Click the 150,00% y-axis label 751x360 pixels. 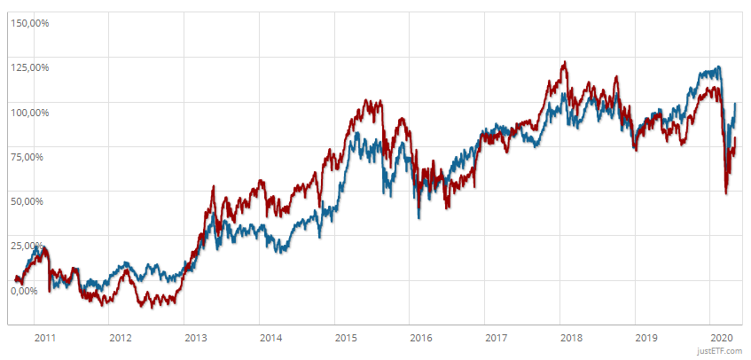[28, 23]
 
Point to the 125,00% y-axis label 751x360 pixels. [28, 67]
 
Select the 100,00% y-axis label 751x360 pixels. [28, 113]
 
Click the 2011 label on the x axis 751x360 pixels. [45, 338]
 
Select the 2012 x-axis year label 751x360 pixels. [121, 338]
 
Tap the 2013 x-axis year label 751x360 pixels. [196, 338]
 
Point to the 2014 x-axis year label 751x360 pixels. [271, 338]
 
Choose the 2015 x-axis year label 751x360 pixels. [347, 338]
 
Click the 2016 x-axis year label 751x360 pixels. [422, 338]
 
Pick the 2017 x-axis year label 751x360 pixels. [497, 338]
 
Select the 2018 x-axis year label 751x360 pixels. [572, 338]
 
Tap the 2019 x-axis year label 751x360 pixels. [647, 338]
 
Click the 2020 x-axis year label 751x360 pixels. [723, 338]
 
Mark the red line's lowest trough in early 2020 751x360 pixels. [726, 193]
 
